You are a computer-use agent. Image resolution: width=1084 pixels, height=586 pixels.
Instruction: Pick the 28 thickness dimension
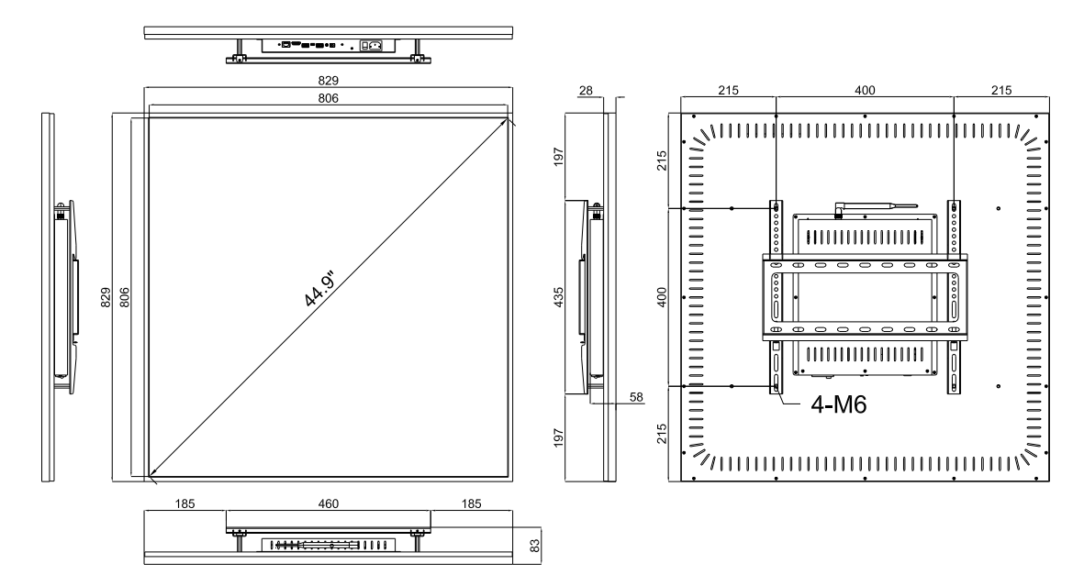pyautogui.click(x=587, y=90)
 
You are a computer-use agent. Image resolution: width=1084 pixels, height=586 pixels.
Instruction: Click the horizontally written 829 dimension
pyautogui.click(x=328, y=82)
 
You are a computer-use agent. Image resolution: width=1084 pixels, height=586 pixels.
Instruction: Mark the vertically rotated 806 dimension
pyautogui.click(x=124, y=297)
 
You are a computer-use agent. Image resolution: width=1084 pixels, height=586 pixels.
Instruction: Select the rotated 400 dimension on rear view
pyautogui.click(x=662, y=297)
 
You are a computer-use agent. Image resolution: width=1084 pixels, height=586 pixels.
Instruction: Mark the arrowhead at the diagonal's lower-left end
pyautogui.click(x=152, y=472)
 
